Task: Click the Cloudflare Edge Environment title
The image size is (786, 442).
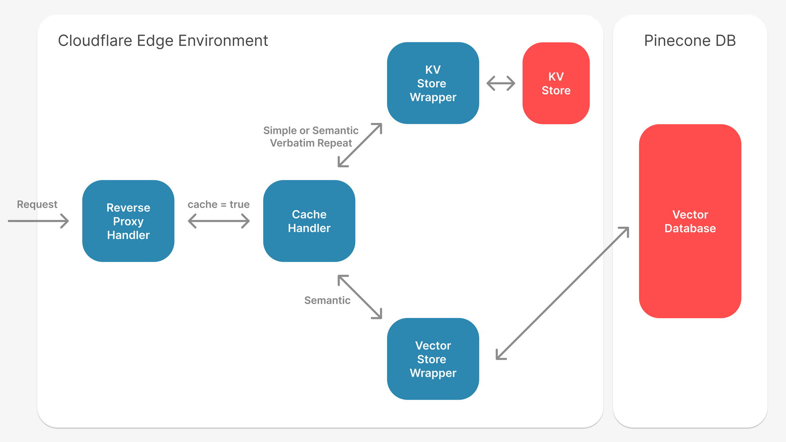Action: (x=163, y=40)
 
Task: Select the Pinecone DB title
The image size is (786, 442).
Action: (x=690, y=40)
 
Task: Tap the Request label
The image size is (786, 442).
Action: (x=37, y=204)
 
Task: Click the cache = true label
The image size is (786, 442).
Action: (x=219, y=204)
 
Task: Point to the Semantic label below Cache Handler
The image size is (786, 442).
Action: (x=327, y=300)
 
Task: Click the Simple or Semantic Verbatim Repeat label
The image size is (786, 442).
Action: (x=310, y=137)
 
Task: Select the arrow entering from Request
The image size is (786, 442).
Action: (x=39, y=221)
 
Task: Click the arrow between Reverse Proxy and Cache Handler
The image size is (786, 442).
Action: (x=219, y=221)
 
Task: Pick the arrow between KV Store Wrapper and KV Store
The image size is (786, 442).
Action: (x=501, y=83)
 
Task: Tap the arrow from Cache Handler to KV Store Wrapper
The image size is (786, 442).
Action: (x=360, y=145)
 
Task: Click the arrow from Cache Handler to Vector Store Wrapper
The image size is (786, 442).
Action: (x=360, y=297)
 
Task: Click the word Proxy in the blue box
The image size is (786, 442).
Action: (x=128, y=221)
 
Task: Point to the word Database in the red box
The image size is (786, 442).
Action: (x=690, y=228)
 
